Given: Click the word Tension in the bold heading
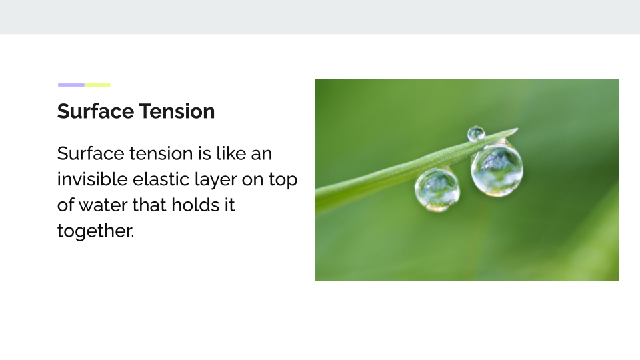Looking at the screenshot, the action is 177,111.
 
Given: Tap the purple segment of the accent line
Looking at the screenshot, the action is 71,85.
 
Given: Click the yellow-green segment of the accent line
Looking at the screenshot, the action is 97,85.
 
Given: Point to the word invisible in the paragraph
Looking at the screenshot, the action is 92,179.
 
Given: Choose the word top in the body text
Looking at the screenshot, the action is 283,181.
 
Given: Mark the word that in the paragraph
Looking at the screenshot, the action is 149,205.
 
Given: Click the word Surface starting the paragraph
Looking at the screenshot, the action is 90,154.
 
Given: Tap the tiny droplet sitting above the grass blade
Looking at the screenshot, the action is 476,134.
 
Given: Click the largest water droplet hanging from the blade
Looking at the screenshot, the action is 497,170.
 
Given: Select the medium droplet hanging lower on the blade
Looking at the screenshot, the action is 437,190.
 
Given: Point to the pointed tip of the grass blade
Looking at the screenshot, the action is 517,129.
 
